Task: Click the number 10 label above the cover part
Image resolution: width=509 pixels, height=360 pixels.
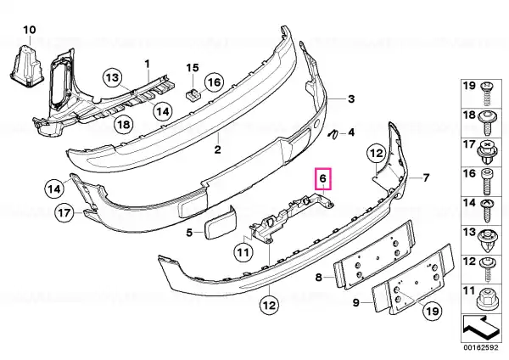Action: [x=29, y=30]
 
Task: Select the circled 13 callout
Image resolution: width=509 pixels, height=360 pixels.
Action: [x=113, y=78]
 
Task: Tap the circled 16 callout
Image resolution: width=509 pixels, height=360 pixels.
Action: [x=214, y=82]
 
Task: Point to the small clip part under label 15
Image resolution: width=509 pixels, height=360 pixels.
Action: [x=193, y=94]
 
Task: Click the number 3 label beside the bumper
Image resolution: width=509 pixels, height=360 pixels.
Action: [x=351, y=98]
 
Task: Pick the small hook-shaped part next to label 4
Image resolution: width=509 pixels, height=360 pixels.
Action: [x=333, y=134]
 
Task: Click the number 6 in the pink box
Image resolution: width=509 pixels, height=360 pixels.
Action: [x=323, y=178]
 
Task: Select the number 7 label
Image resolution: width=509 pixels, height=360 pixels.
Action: [x=426, y=177]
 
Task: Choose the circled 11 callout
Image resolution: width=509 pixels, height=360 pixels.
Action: [x=243, y=252]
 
